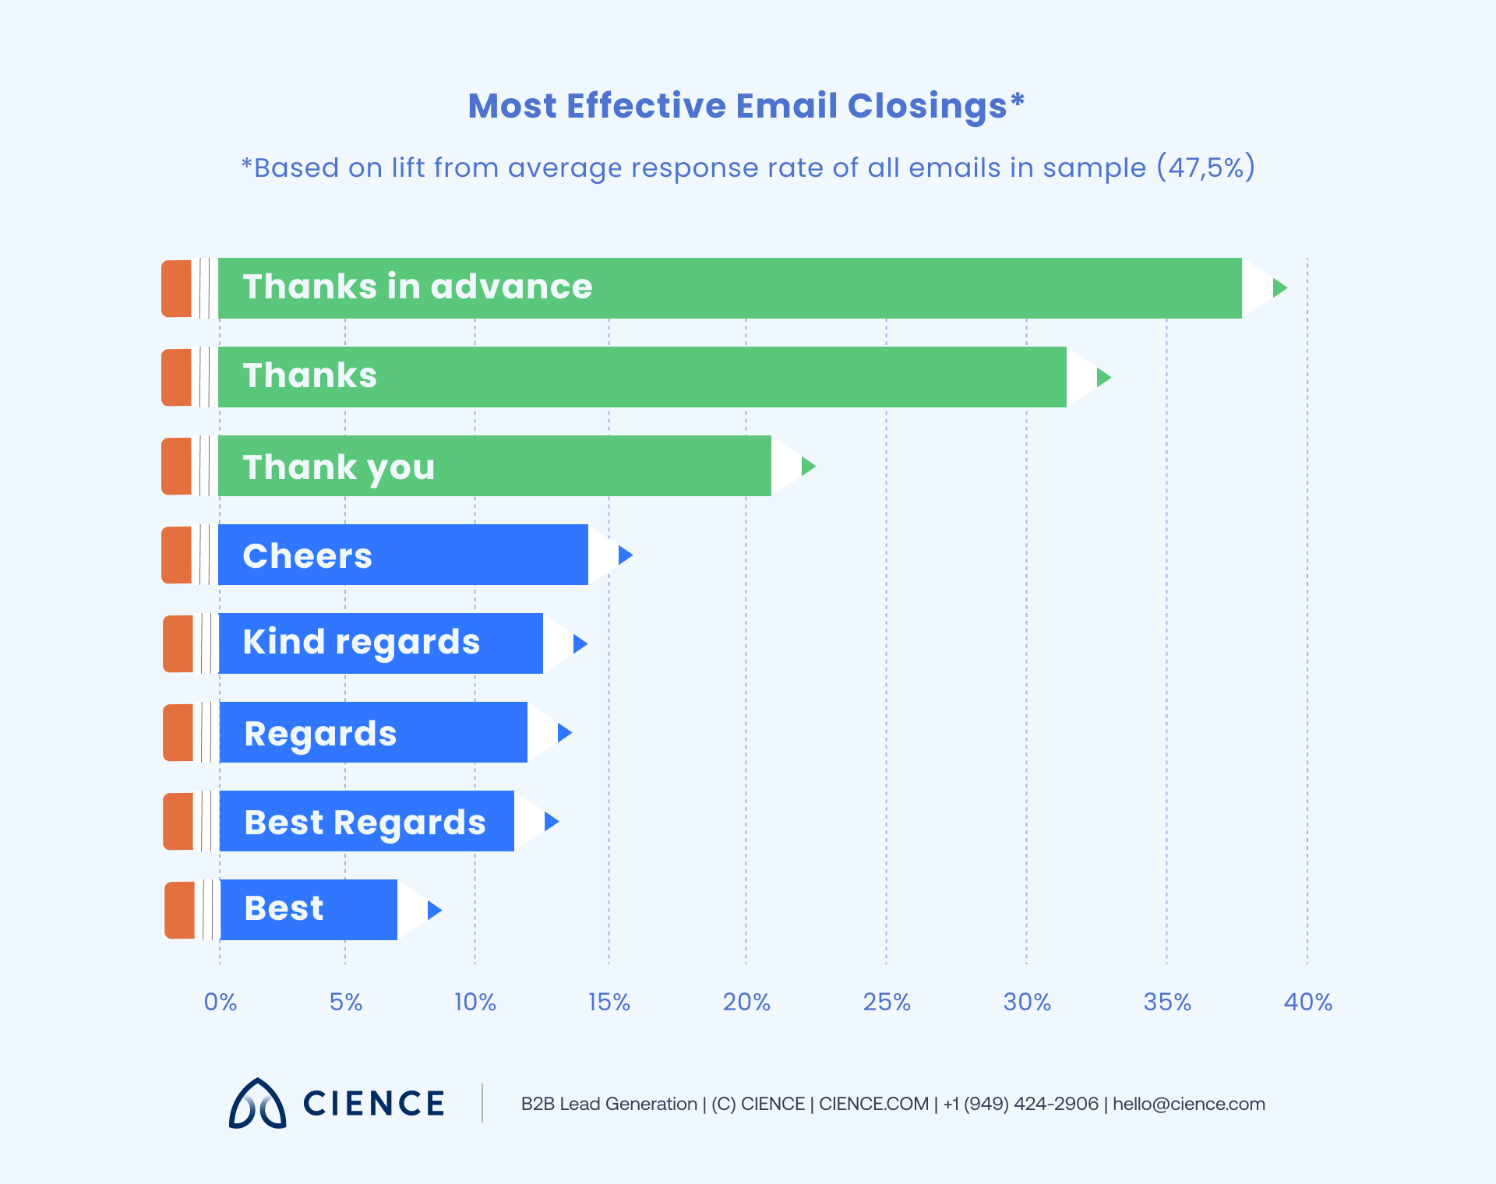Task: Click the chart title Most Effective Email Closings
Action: point(746,106)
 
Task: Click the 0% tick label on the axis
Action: point(221,1002)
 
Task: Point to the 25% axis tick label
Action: point(887,1002)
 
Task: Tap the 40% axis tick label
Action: point(1307,1002)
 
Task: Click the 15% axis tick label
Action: point(609,1002)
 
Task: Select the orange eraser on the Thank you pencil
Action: point(177,466)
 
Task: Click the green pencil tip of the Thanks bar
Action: point(1103,378)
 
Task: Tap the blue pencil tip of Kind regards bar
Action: point(580,643)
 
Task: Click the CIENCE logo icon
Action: point(257,1104)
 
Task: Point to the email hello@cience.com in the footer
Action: point(1188,1104)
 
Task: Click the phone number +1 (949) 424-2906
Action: point(1021,1104)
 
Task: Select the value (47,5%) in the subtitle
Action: point(1205,167)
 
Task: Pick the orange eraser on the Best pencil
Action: point(180,910)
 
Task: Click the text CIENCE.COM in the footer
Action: point(873,1104)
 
